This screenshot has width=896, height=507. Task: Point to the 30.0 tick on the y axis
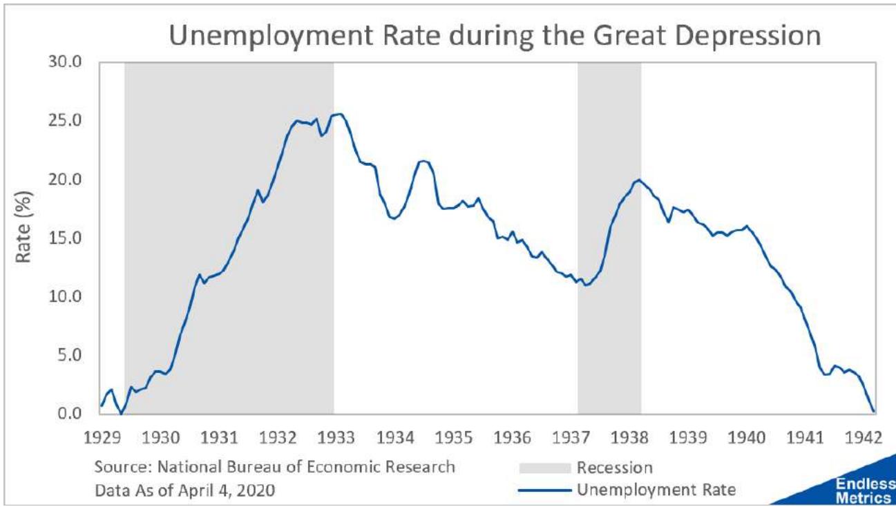[x=67, y=62]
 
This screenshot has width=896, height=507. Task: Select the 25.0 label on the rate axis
[x=67, y=121]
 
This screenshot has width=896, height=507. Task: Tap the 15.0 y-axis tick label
[x=67, y=238]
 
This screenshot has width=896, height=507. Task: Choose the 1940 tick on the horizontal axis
[x=746, y=437]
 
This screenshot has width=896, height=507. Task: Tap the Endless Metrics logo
[x=871, y=491]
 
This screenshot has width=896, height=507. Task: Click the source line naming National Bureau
[x=275, y=467]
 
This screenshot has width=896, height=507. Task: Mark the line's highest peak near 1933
[x=340, y=114]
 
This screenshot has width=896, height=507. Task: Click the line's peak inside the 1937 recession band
[x=638, y=180]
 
